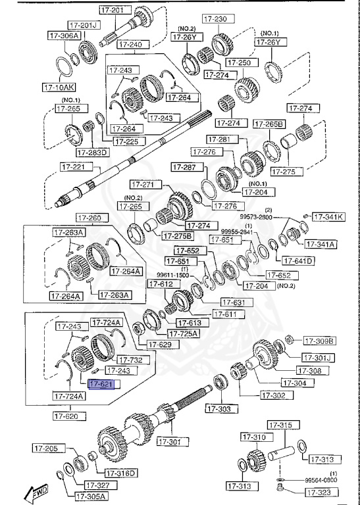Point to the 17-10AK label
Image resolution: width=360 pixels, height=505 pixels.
(59, 86)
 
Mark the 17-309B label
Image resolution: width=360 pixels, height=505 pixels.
(319, 341)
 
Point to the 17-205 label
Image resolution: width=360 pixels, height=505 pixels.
(47, 448)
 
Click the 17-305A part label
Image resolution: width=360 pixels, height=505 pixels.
(90, 496)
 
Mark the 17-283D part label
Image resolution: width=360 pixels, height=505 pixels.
(92, 153)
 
